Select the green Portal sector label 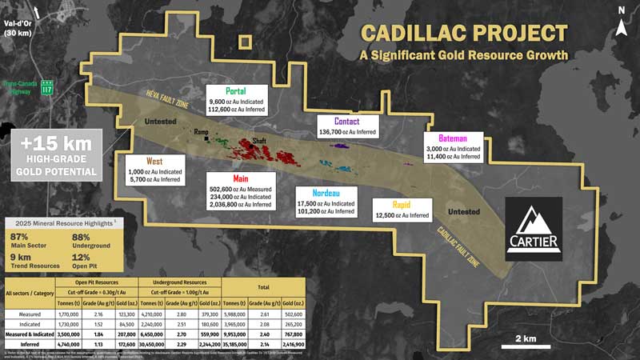tap(236, 90)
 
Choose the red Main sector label tap(241, 178)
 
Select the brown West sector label tap(155, 161)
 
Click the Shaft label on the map tap(259, 140)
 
